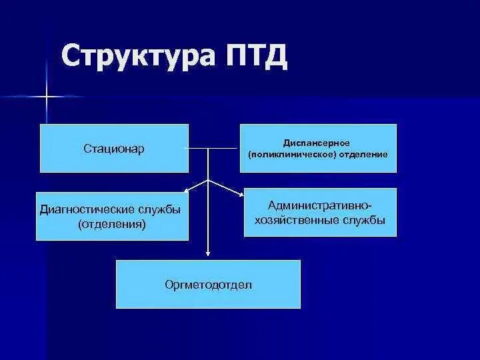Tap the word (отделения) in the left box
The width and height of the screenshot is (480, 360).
[x=111, y=224]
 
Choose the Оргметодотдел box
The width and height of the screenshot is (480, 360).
[x=208, y=284]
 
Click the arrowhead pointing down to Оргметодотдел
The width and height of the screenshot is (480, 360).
[x=209, y=253]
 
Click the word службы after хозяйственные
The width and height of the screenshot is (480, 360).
[x=365, y=219]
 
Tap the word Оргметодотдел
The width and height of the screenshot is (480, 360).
[x=208, y=285]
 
